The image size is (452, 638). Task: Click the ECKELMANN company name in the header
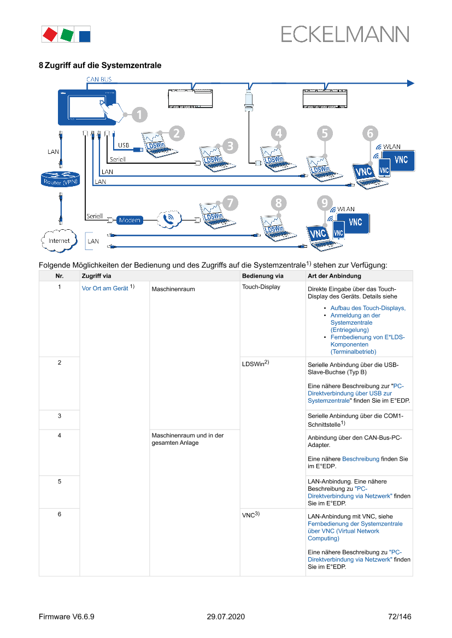(x=345, y=34)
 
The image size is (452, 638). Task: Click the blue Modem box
(x=130, y=220)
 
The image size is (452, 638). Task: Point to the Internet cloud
(x=59, y=240)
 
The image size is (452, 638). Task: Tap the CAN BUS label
(x=99, y=79)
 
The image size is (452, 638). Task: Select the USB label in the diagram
(x=124, y=145)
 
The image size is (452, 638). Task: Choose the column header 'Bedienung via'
(x=262, y=276)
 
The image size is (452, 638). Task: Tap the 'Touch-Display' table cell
(x=261, y=287)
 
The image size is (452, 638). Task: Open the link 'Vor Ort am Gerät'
(x=105, y=288)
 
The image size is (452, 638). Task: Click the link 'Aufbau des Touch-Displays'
(x=368, y=308)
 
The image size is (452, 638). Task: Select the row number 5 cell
(x=59, y=481)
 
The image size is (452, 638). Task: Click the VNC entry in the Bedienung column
(x=249, y=515)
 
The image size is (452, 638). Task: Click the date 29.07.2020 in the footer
(x=226, y=617)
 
